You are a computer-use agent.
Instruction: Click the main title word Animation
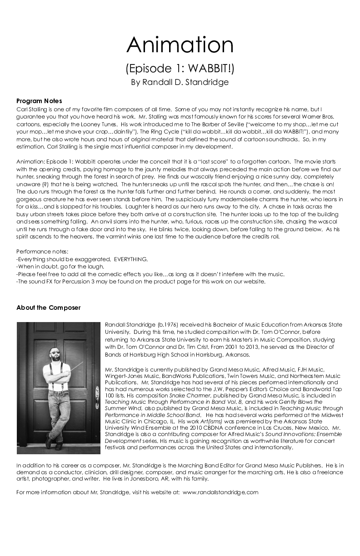click(x=180, y=45)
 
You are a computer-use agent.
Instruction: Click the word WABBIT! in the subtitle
click(x=211, y=69)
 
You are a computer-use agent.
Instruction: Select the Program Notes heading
click(x=39, y=101)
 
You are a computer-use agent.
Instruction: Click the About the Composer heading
click(x=48, y=308)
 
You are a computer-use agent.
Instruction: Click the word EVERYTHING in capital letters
click(x=130, y=259)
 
